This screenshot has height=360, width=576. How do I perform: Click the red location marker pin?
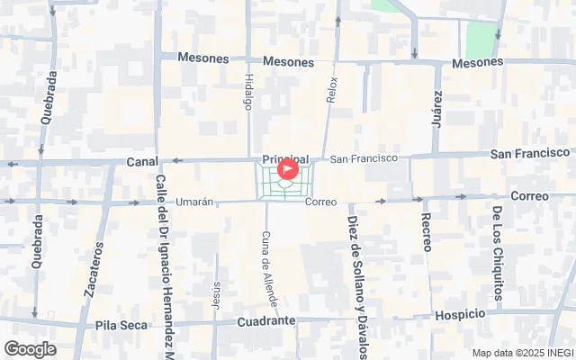pos(287,168)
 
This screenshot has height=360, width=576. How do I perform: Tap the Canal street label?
pos(142,162)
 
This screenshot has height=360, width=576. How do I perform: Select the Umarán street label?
pos(194,202)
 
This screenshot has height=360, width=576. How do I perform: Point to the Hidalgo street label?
pos(248,92)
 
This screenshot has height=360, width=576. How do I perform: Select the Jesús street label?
pos(216,295)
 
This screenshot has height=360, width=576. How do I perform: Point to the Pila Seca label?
pos(120,324)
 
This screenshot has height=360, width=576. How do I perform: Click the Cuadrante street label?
pos(266,321)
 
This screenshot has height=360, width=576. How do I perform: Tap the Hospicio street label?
pos(459,314)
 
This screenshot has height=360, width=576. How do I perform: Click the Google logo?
pos(30,349)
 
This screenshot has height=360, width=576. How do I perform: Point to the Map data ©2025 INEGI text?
pos(522,353)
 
